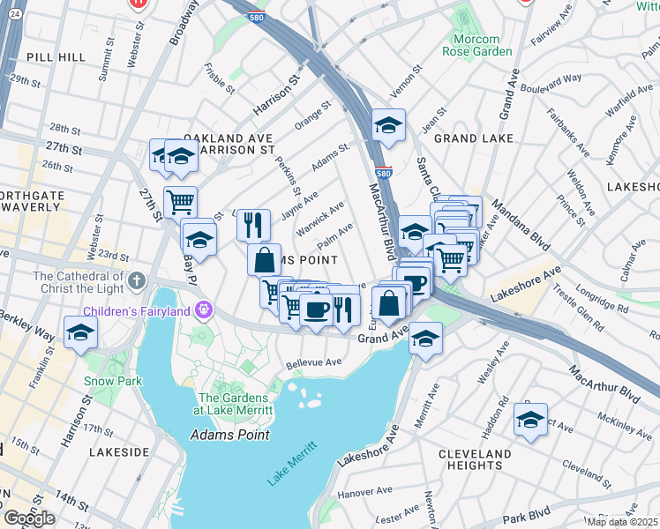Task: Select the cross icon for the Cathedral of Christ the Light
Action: (x=136, y=281)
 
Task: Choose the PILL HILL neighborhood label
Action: (x=56, y=56)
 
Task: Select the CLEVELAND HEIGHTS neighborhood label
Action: (x=475, y=459)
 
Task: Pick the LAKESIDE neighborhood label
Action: (x=119, y=451)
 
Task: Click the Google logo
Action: (x=29, y=518)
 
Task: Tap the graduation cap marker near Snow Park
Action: (x=80, y=332)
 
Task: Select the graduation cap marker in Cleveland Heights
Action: (x=530, y=420)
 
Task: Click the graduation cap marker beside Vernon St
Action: (x=387, y=125)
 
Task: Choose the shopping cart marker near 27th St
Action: (x=180, y=201)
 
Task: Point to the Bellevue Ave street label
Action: (x=313, y=362)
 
